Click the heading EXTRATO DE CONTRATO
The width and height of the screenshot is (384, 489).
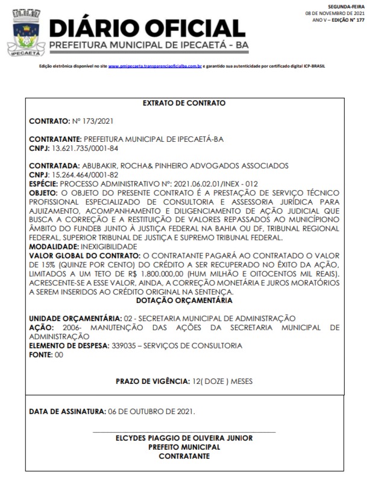point(184,103)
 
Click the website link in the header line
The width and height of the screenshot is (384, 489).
point(155,66)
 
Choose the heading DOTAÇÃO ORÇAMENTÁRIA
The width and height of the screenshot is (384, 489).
point(184,299)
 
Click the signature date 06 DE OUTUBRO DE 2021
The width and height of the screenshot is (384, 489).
point(151,412)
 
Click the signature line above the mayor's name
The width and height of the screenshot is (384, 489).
point(184,432)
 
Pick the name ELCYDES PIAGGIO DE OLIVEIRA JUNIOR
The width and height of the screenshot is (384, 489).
point(184,438)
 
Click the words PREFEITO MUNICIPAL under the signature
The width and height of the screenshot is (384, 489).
point(184,447)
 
